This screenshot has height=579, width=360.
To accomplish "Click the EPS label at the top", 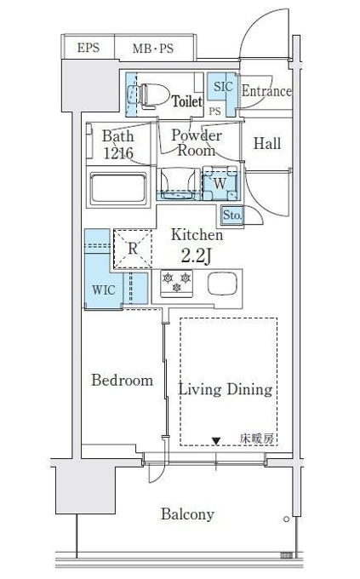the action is click(x=89, y=48).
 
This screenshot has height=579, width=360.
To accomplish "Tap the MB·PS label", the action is click(x=153, y=48).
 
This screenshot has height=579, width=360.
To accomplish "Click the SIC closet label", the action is click(x=223, y=86).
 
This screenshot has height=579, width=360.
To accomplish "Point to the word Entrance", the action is click(x=266, y=91).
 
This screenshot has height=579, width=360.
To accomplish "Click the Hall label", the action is click(x=267, y=143).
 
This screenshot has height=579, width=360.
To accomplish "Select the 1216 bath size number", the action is click(x=118, y=153).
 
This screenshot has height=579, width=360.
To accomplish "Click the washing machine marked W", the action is click(x=220, y=183).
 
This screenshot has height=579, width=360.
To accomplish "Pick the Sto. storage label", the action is click(x=232, y=215).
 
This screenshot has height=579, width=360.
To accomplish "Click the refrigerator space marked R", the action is click(x=133, y=249).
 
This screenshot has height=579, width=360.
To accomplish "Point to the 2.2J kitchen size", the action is click(x=196, y=255).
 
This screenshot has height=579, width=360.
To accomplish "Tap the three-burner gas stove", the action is click(x=176, y=284).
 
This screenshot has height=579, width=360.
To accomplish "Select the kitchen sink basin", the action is click(x=222, y=284).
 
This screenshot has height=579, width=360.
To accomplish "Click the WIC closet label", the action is click(x=103, y=289).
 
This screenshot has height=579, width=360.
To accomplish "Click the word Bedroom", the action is click(x=122, y=381).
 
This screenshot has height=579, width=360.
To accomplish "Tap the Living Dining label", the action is click(x=226, y=390).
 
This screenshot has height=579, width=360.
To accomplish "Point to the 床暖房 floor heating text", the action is click(x=257, y=439).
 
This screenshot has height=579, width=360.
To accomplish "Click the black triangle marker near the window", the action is click(x=216, y=441).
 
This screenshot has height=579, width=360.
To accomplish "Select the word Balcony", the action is click(x=187, y=514).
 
